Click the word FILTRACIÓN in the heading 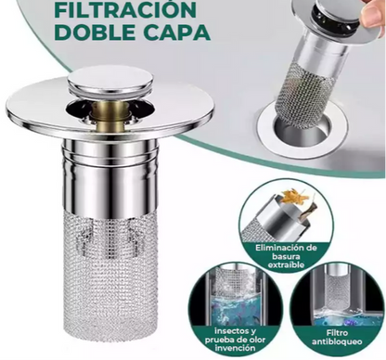point(125,9)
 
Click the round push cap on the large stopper point(110,82)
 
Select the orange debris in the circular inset point(291,197)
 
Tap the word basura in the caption point(286,256)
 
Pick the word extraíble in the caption point(286,265)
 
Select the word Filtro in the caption point(337,333)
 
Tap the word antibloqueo point(337,342)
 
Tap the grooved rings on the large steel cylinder point(109,148)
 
